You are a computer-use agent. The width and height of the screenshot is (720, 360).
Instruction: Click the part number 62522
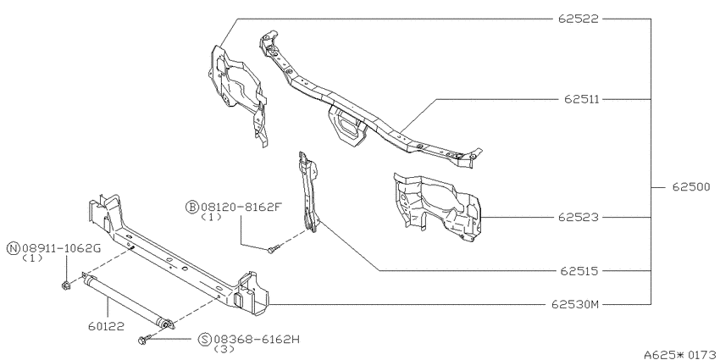click(x=579, y=19)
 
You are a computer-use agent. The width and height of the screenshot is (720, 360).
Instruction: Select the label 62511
click(x=582, y=99)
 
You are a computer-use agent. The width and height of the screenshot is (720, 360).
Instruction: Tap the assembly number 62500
click(x=691, y=187)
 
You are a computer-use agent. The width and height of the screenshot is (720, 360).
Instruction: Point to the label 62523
click(x=579, y=217)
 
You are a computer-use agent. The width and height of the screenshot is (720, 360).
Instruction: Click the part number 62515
click(x=579, y=271)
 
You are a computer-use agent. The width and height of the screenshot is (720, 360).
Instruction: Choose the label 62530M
click(x=575, y=304)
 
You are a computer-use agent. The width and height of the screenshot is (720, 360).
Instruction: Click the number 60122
click(x=106, y=326)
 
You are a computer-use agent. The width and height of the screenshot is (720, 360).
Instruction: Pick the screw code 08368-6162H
click(x=256, y=340)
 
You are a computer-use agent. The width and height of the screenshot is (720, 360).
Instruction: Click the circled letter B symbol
click(x=191, y=207)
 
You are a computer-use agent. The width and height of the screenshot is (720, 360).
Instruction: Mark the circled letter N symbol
click(x=14, y=248)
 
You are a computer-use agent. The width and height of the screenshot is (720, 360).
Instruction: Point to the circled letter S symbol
click(x=205, y=340)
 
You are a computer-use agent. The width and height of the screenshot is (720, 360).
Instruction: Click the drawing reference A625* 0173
click(x=681, y=354)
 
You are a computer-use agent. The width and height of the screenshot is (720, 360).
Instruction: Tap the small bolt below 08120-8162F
click(x=271, y=249)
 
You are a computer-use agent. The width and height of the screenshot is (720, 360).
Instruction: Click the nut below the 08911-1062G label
click(x=66, y=285)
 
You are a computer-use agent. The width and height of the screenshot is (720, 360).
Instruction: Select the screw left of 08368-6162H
click(x=143, y=340)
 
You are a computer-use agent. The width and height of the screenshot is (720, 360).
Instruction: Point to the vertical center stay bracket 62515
click(x=308, y=192)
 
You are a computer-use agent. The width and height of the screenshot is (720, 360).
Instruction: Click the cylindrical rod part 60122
click(x=128, y=301)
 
